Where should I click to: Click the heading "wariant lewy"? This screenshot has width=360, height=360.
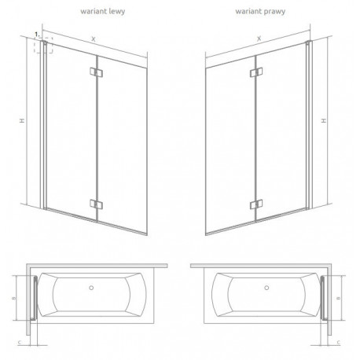[102, 12]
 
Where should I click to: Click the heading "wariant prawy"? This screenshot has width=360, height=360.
[260, 12]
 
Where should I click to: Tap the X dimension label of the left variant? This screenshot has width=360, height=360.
[94, 39]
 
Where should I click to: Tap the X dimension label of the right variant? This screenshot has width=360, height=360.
[259, 39]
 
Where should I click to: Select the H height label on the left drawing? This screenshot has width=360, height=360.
[23, 120]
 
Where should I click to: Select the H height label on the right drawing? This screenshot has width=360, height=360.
[324, 120]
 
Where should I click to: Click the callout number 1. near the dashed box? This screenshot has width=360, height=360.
[38, 35]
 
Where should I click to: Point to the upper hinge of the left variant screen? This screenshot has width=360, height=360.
[96, 72]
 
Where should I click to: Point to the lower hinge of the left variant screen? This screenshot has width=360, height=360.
[96, 204]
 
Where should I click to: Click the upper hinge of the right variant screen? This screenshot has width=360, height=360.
[256, 72]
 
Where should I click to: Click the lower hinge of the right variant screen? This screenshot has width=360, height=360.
[256, 204]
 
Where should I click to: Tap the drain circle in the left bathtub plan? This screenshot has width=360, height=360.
[91, 288]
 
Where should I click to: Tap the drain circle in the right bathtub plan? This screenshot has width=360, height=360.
[266, 288]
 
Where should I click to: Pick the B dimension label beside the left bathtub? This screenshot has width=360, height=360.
[14, 298]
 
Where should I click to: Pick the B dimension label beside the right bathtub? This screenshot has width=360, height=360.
[338, 298]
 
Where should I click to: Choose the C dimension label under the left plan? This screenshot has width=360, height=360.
[20, 342]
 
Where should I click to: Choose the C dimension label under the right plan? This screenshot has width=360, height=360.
[339, 342]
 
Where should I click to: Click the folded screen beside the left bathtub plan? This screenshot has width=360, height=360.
[35, 298]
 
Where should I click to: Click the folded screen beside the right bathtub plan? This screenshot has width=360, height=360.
[323, 298]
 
